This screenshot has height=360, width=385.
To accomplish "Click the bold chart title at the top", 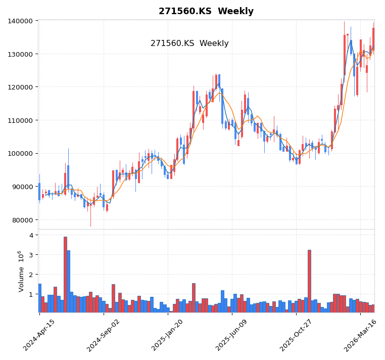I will click(206, 11).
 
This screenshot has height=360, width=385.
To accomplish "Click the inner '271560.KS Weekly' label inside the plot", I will click(189, 43).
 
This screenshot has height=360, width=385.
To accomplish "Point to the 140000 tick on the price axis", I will click(21, 21).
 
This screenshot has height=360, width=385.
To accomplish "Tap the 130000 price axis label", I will click(21, 54).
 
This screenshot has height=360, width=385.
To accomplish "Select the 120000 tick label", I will click(21, 87).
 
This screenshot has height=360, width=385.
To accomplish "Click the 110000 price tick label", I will click(21, 120).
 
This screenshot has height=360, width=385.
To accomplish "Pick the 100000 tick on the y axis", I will click(21, 154).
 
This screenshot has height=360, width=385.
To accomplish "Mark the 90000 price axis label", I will click(23, 187).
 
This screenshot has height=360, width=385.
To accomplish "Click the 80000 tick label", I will click(23, 220).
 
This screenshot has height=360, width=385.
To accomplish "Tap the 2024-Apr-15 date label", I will click(39, 335).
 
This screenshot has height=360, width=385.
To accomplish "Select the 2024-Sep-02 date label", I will click(103, 335).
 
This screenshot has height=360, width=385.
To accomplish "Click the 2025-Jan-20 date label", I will click(167, 335).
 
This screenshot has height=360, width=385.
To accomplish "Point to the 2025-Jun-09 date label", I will click(231, 335).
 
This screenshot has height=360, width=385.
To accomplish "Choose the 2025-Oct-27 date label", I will click(296, 335).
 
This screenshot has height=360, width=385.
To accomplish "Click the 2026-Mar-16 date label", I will click(360, 335).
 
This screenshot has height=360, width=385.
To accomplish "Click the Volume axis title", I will click(21, 271).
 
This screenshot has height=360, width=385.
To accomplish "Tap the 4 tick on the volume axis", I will click(31, 235).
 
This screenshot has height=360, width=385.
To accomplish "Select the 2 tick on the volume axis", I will click(31, 275).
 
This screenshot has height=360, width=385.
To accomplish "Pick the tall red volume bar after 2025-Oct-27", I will click(309, 281).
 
